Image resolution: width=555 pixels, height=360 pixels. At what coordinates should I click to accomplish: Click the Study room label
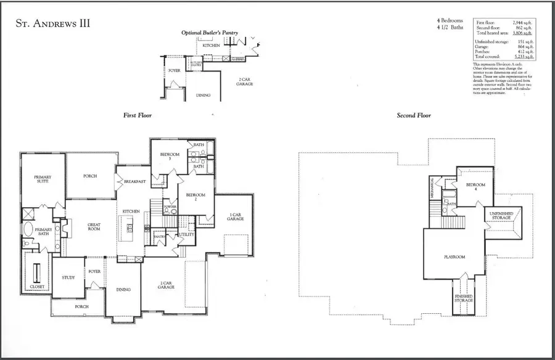pos(68,277)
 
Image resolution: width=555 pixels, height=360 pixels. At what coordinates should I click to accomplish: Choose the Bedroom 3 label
pos(170,157)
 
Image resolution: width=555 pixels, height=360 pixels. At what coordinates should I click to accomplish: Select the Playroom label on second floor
pos(454,256)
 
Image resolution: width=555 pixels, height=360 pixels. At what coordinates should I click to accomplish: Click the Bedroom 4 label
pos(475,187)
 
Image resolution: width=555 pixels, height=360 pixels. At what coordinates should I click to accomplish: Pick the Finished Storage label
pos(464,298)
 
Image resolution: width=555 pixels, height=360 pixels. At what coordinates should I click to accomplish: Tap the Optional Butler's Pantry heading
pos(210,32)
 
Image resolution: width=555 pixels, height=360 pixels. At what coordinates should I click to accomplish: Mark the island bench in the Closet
pos(35,271)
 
